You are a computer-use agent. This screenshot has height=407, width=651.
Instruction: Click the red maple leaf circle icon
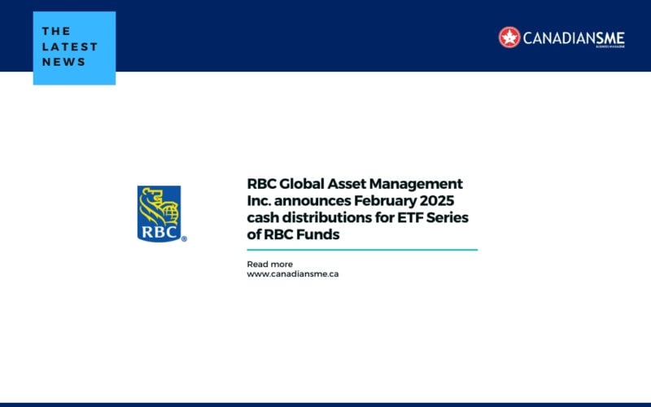pyautogui.click(x=509, y=37)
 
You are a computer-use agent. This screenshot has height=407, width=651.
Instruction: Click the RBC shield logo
pyautogui.click(x=159, y=213)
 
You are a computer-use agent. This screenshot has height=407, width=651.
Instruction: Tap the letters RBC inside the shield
pyautogui.click(x=159, y=230)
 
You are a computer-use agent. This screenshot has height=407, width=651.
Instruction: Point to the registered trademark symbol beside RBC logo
pyautogui.click(x=184, y=239)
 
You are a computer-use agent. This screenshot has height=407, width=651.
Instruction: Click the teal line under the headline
pyautogui.click(x=362, y=250)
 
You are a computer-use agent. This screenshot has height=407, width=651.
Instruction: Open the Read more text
pyautogui.click(x=269, y=264)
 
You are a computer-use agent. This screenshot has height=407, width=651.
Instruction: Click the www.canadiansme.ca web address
pyautogui.click(x=292, y=274)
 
